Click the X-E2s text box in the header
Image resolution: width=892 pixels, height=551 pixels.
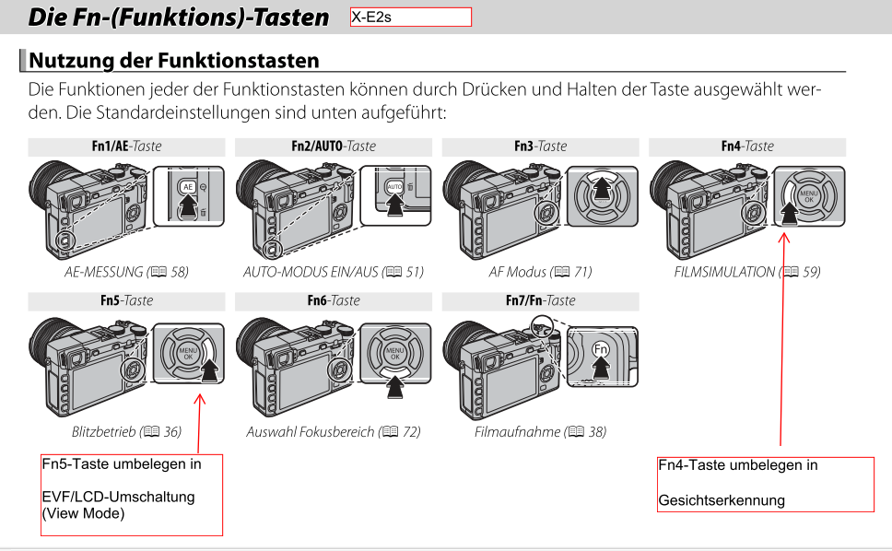[411, 18]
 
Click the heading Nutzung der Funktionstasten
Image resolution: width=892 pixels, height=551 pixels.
[174, 60]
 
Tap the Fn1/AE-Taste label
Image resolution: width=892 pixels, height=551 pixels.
[127, 147]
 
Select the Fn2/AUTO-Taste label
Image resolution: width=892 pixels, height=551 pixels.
[334, 147]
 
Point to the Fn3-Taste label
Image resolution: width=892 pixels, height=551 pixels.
[540, 147]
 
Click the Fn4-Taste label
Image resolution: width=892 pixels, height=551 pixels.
[747, 147]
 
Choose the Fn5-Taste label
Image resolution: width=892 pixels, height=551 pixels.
[127, 300]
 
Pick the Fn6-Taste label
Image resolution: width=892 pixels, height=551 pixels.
[334, 300]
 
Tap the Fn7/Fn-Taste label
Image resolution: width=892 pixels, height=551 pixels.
[540, 300]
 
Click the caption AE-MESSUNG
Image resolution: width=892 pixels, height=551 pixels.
[103, 272]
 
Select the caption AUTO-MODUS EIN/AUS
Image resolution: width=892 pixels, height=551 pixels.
[311, 272]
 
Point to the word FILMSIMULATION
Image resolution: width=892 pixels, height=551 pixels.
[724, 272]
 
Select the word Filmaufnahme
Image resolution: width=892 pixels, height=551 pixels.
[517, 431]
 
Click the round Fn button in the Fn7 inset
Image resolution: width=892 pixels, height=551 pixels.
[601, 348]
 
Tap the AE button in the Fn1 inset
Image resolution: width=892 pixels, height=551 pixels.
[188, 187]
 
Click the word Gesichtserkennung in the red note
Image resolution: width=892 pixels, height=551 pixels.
[722, 500]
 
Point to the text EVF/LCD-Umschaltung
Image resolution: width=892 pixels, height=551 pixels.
[118, 497]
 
